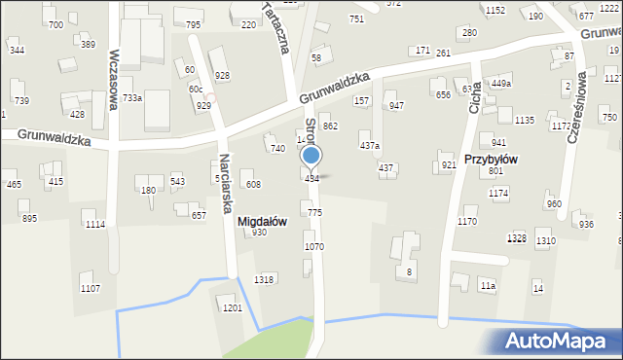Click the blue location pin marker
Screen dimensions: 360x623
311,156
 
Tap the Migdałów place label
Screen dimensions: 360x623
262,221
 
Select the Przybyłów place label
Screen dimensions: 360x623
517,159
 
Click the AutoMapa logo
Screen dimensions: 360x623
560,342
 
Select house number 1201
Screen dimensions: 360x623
232,307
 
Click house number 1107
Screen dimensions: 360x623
90,288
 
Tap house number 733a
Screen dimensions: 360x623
132,97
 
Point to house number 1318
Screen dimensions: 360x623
263,279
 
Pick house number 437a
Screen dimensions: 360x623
370,145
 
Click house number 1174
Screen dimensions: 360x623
498,194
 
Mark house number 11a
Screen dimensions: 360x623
488,286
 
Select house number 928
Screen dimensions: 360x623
222,75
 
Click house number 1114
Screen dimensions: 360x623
94,225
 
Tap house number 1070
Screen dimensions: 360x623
313,247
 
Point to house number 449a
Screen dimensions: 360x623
500,84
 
